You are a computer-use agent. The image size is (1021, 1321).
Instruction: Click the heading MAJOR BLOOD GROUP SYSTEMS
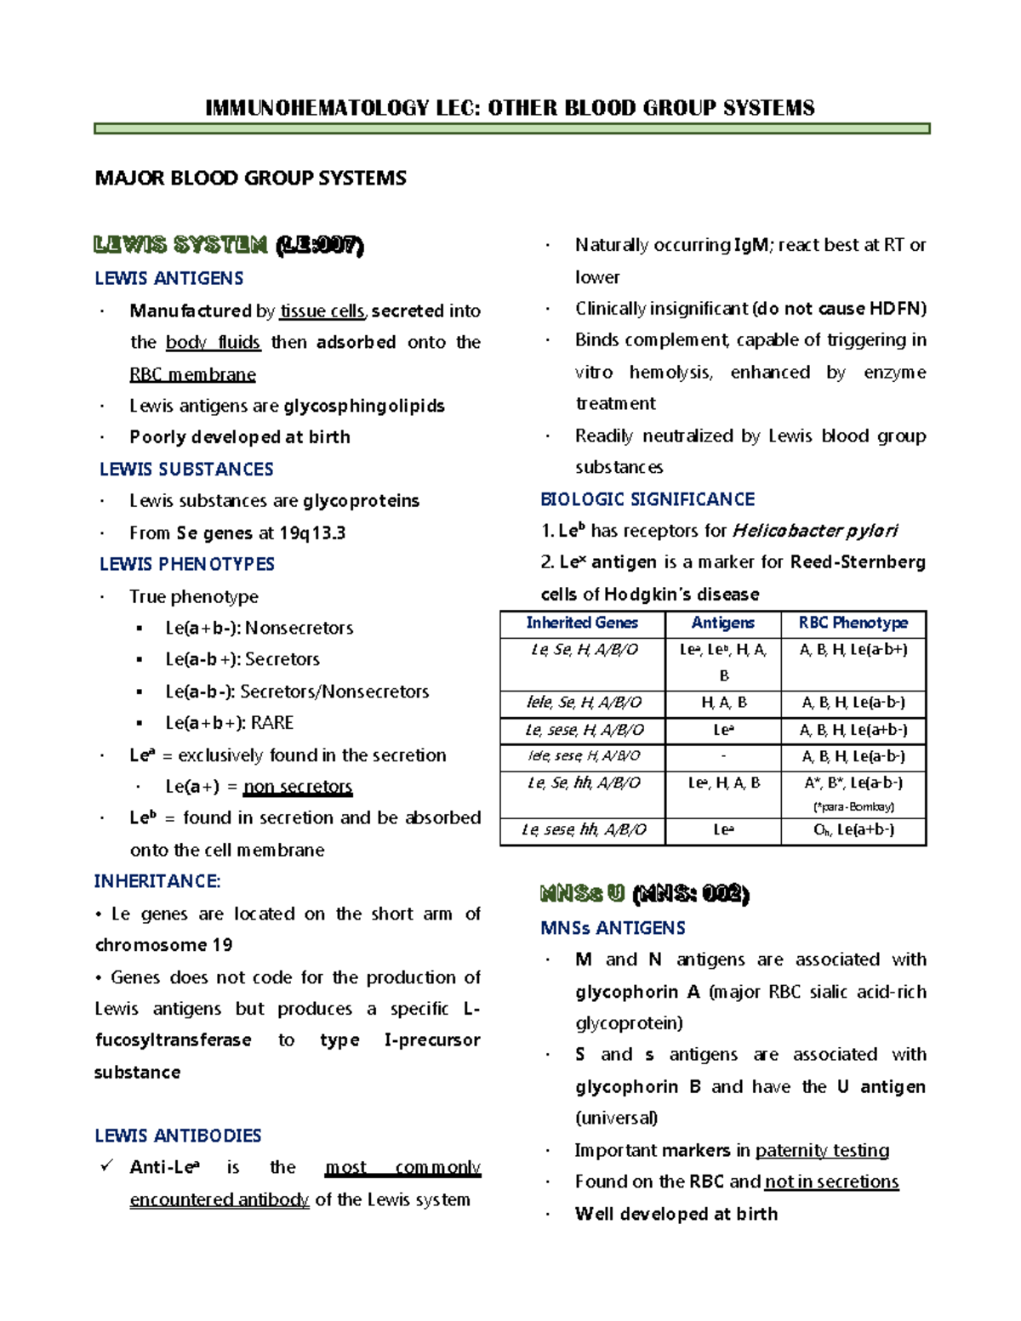tap(250, 179)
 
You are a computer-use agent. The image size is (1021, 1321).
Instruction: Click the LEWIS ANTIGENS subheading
tap(168, 279)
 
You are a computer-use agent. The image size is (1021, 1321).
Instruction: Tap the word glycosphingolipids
tap(363, 406)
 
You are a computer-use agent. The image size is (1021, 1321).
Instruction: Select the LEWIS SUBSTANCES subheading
tap(186, 470)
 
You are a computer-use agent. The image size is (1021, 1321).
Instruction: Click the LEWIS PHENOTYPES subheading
tap(186, 565)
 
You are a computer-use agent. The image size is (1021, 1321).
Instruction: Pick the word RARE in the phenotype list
tap(272, 723)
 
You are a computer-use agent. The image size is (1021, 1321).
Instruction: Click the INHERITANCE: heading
tap(157, 882)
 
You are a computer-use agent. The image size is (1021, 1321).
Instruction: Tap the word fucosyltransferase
tap(173, 1040)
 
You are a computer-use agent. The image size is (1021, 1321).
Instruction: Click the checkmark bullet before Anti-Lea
tap(106, 1166)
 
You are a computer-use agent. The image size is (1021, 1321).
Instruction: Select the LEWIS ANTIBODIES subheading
tap(178, 1136)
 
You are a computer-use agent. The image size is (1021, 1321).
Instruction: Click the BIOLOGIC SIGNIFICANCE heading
tap(647, 500)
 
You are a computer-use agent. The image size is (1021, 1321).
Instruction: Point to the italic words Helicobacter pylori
tap(814, 532)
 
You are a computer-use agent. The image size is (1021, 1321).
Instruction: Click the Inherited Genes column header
tap(582, 623)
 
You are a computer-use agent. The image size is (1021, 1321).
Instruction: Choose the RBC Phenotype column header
tap(853, 623)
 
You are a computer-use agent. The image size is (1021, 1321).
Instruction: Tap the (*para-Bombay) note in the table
tap(853, 806)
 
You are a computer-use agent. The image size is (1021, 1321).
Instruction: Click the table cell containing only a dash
tap(723, 756)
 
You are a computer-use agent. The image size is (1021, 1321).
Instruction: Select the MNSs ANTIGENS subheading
tap(613, 928)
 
